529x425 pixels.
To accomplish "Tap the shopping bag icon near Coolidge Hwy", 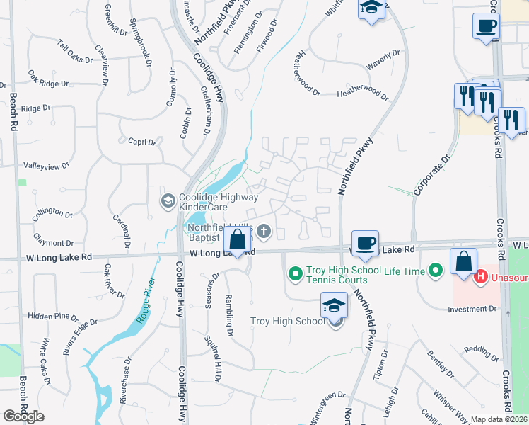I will (238, 240).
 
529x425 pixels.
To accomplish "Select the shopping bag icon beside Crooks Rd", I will (463, 261).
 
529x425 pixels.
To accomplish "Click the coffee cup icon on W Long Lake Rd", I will (365, 243).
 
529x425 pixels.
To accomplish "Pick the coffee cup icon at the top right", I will (486, 26).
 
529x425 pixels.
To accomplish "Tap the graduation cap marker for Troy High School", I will (335, 306).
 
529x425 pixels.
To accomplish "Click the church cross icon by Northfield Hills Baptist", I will (264, 229).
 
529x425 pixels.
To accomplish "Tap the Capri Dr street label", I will (142, 142).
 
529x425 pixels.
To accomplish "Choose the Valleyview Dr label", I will (47, 166).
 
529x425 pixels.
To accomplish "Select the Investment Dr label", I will (472, 310).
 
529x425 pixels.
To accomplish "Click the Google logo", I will (23, 416).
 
